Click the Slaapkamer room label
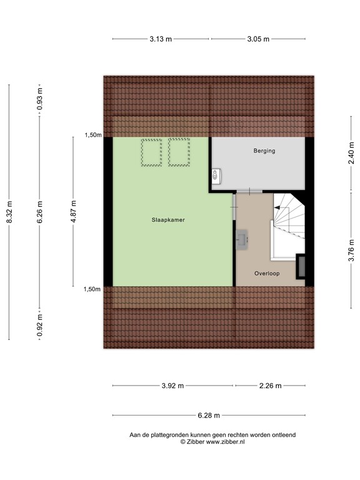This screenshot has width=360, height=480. pos(167,220)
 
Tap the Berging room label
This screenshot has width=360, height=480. pos(264,151)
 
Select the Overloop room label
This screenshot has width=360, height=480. pos(267,274)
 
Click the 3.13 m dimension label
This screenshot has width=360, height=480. pos(161,39)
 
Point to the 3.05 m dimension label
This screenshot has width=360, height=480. pos(258,39)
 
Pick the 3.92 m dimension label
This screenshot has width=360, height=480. pos(172,386)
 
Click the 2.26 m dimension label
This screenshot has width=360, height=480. pos(270,386)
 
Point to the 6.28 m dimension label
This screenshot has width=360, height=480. pos(209,414)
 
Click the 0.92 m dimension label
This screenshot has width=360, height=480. pos(40,325)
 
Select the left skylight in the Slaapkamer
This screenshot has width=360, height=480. pos(151,152)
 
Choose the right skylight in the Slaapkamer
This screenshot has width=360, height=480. pos(179,152)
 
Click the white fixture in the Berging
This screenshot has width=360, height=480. pos(216,177)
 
